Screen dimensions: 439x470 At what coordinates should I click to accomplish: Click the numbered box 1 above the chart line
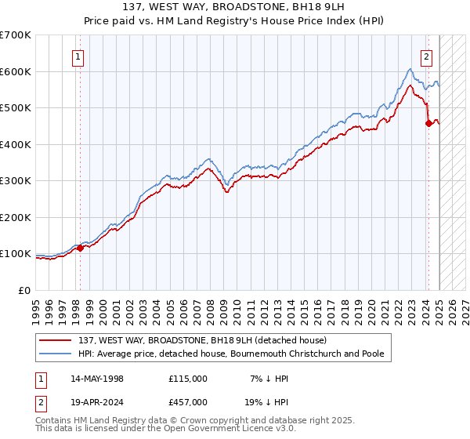click(79, 56)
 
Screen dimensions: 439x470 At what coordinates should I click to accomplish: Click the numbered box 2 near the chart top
click(427, 56)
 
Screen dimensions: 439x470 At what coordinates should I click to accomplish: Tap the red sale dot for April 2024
click(428, 124)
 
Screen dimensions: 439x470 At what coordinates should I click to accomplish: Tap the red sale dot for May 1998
click(80, 248)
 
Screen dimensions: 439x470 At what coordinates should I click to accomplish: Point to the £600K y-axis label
click(16, 71)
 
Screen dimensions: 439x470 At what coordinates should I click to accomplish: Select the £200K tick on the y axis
click(16, 217)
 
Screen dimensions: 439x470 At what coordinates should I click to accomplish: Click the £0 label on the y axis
click(25, 290)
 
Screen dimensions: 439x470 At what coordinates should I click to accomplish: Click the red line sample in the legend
click(56, 340)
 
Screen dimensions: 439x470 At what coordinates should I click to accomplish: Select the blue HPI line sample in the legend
click(56, 354)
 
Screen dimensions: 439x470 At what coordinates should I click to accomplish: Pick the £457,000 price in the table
click(188, 401)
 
